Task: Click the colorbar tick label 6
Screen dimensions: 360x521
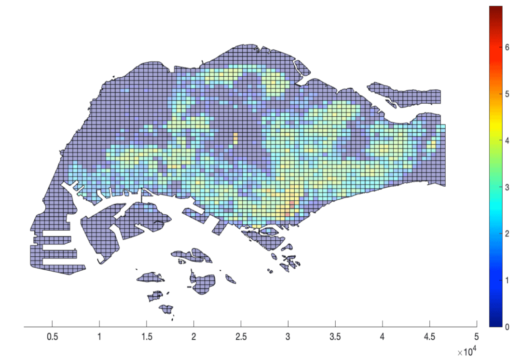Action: (507, 47)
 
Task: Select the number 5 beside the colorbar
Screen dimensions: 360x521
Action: (507, 94)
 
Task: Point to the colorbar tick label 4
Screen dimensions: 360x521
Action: (507, 140)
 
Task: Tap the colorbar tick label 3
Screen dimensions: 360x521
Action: (507, 187)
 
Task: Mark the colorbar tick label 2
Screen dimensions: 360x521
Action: (507, 234)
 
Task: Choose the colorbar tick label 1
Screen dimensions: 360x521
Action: (507, 280)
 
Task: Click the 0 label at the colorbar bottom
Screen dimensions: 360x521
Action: (507, 327)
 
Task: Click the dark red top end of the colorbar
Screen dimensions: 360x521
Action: (495, 9)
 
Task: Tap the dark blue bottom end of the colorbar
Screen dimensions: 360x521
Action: (495, 324)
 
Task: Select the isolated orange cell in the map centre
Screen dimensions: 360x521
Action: (235, 138)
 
